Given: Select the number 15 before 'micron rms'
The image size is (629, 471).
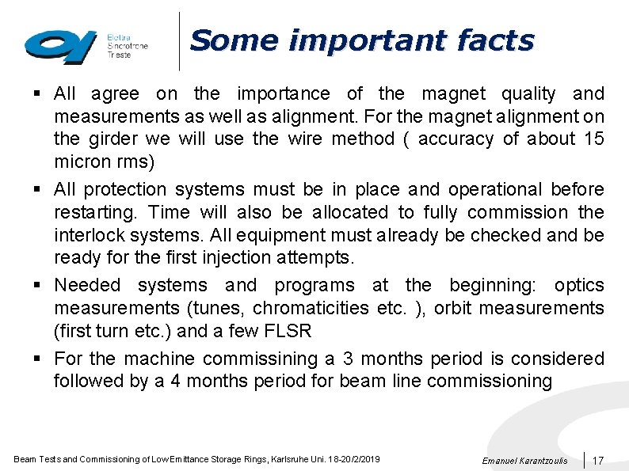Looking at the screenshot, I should (x=593, y=139).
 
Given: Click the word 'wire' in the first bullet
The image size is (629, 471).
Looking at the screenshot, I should (x=303, y=139).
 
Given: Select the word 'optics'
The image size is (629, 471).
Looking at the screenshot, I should (x=579, y=285).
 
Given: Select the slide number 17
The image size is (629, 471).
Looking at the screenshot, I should (x=599, y=460).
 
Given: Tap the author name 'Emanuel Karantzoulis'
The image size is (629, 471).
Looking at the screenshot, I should (x=524, y=461).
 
